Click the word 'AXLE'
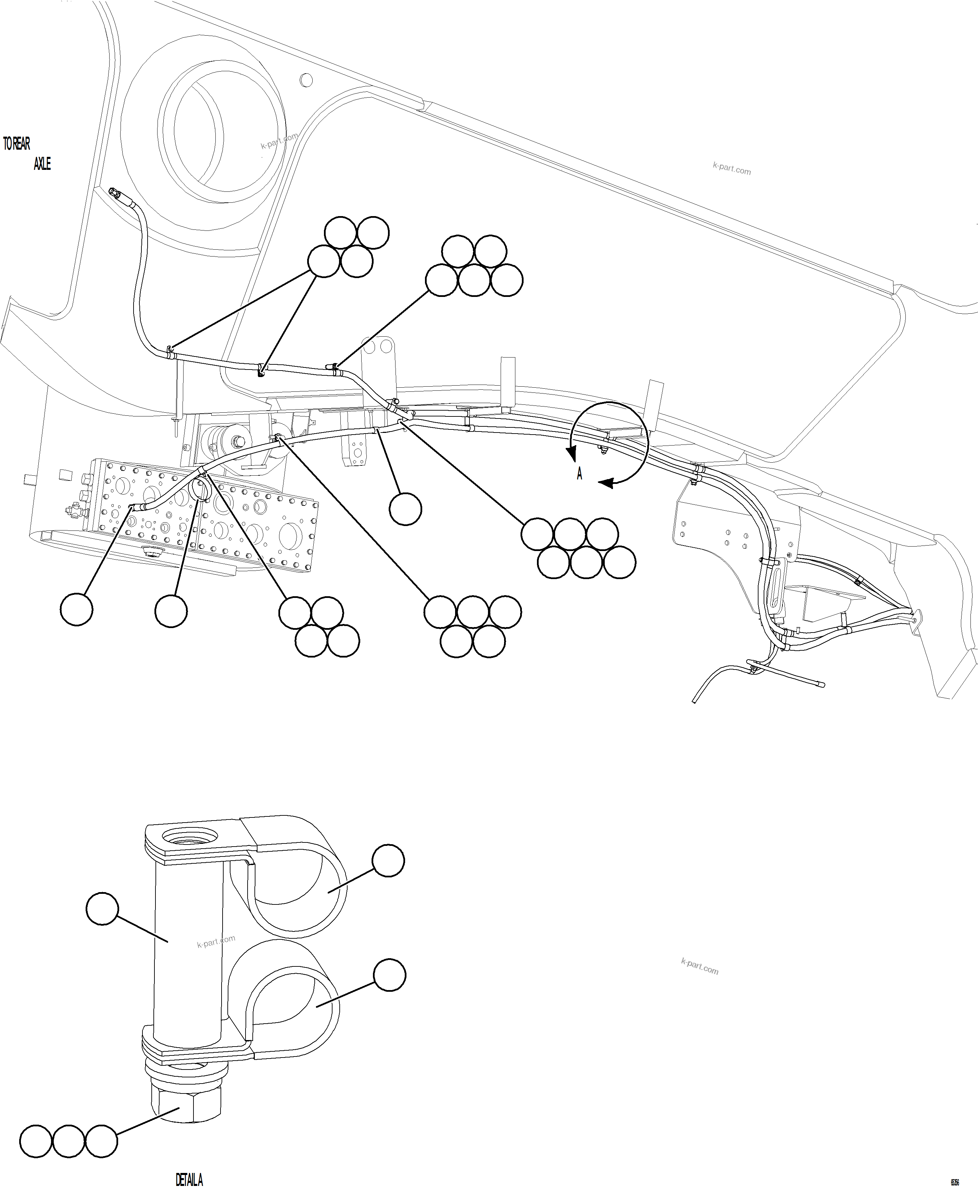click(x=42, y=164)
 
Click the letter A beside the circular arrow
click(x=579, y=474)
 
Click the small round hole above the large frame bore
click(x=306, y=80)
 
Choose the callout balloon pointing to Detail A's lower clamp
click(x=389, y=975)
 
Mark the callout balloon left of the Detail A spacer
click(x=102, y=908)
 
